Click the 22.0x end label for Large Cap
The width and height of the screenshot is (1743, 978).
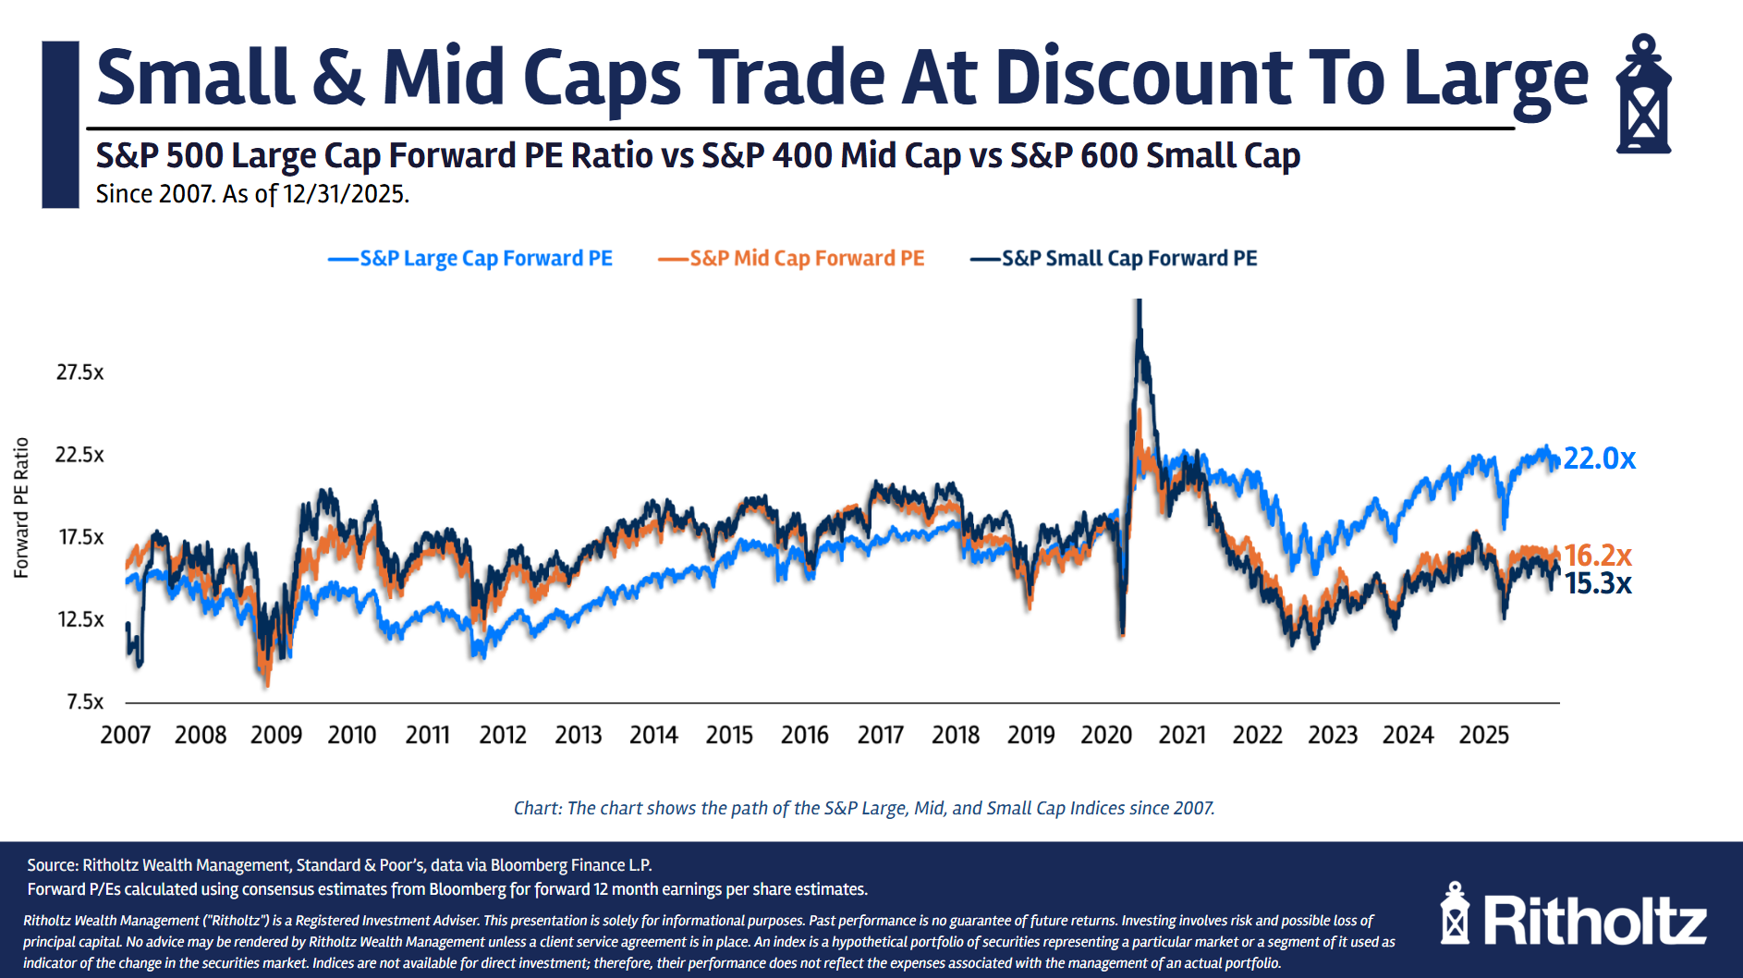(1599, 458)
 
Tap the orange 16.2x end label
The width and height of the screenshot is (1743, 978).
(1598, 556)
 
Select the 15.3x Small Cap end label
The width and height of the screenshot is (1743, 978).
(1598, 584)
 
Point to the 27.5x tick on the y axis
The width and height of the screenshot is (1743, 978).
(80, 373)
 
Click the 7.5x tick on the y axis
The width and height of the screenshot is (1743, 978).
(85, 702)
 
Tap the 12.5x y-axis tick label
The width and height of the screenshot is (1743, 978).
(80, 619)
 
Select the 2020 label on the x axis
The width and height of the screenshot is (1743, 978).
(1106, 736)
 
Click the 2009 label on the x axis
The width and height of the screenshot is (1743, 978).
(276, 736)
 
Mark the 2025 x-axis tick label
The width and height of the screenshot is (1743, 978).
(1483, 736)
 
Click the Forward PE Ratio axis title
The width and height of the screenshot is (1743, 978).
(21, 507)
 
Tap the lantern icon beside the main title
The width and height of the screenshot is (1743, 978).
(1643, 94)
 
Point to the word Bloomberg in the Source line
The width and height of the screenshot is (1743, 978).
(533, 865)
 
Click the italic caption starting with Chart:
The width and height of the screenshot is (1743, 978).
(864, 808)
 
